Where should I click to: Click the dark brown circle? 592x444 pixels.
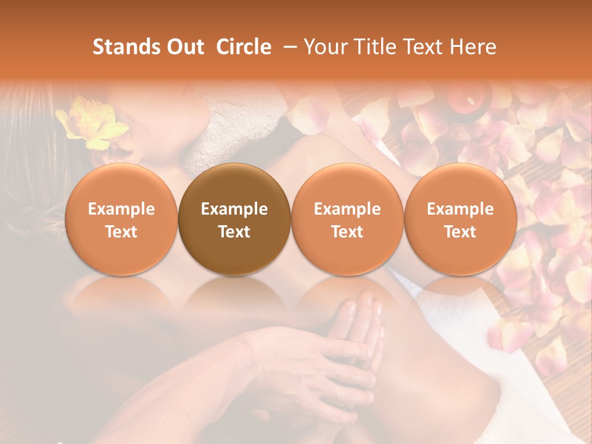(x=234, y=220)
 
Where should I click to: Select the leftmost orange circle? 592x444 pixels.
(x=121, y=220)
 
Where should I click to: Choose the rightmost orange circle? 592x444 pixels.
(x=460, y=220)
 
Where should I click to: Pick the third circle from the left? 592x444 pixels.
(x=347, y=220)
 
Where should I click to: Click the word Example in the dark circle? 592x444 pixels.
(x=234, y=209)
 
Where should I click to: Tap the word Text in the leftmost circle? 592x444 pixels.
(x=121, y=232)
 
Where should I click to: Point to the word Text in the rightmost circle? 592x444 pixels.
(x=460, y=232)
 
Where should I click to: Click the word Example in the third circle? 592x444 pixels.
(x=347, y=209)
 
